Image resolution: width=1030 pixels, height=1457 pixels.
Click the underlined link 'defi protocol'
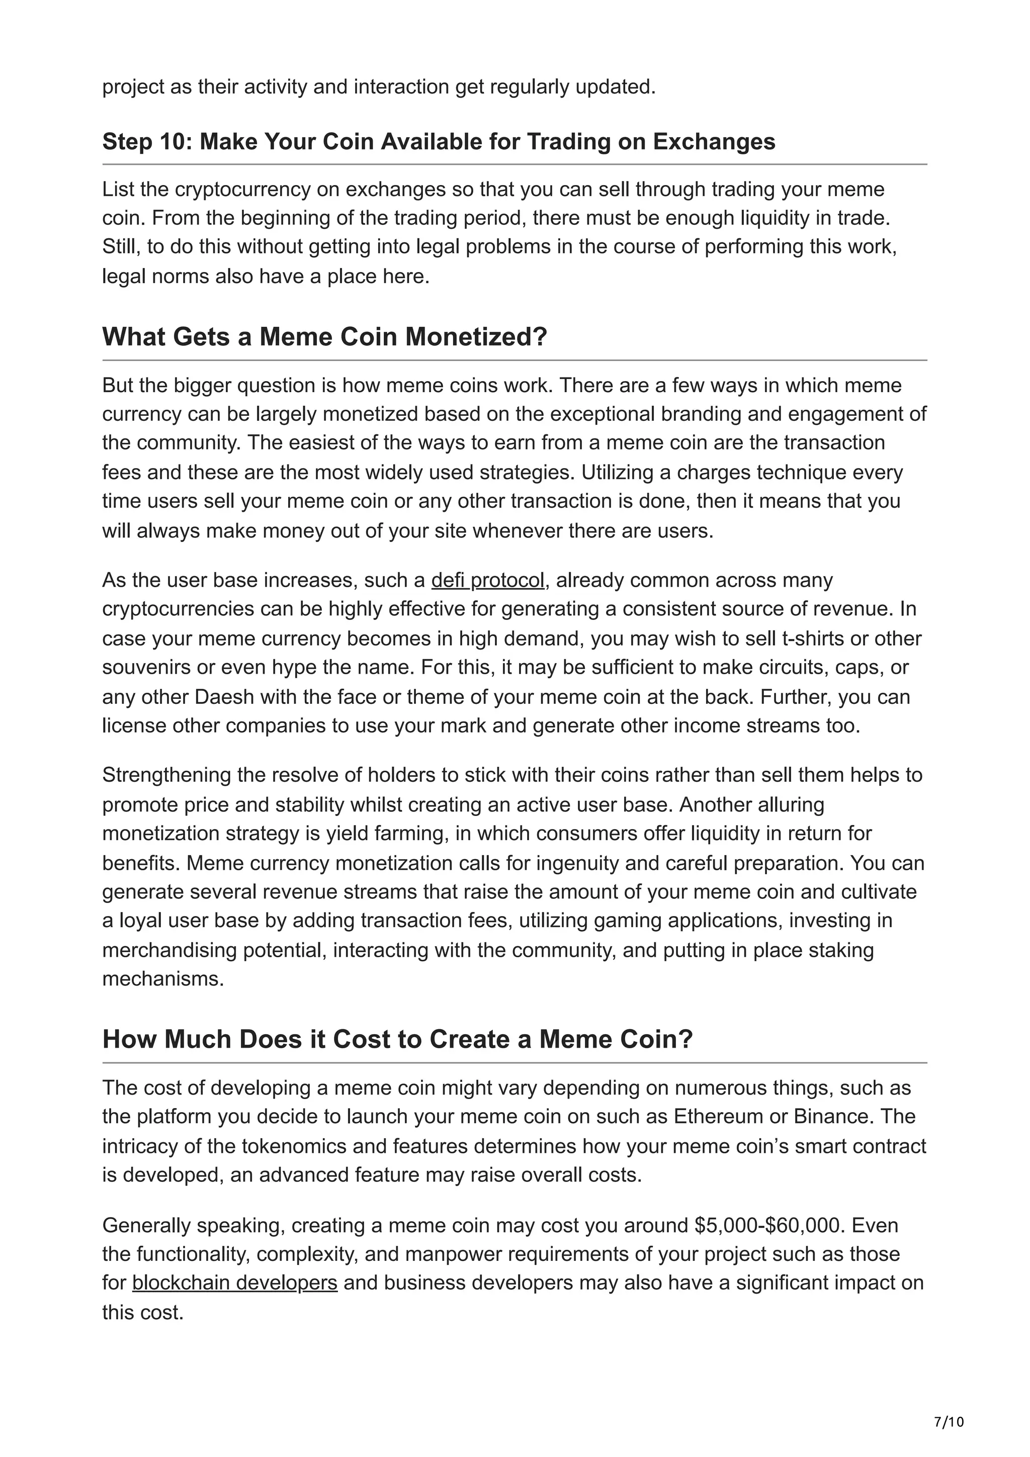[x=487, y=580]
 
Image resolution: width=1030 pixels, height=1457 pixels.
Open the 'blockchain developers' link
[x=234, y=1283]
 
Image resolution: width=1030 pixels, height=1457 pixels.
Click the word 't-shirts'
[x=814, y=639]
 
